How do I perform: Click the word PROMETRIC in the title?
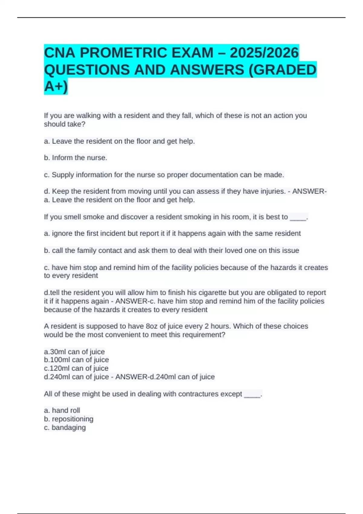124,53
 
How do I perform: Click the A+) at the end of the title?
56,87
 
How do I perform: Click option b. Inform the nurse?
76,158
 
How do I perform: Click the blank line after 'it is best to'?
298,217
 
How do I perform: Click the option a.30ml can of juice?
74,352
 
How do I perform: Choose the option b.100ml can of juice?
76,360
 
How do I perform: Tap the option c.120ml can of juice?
76,368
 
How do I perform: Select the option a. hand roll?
62,410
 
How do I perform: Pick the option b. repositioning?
69,419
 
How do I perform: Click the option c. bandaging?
65,428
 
